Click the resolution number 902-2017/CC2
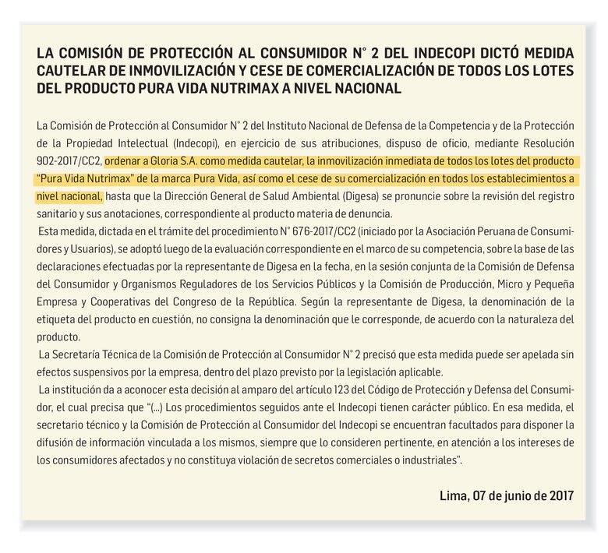(69, 163)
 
